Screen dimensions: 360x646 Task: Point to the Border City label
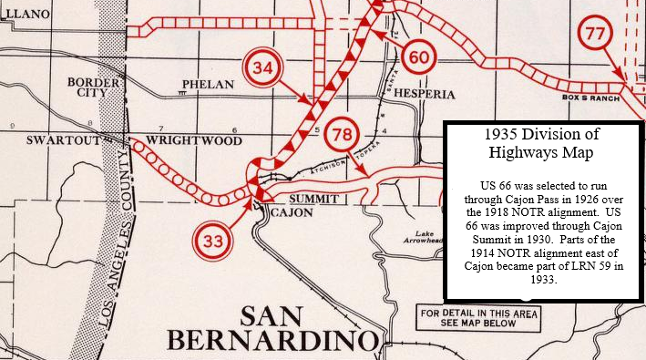[94, 87]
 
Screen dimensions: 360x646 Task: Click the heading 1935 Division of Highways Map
[542, 144]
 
